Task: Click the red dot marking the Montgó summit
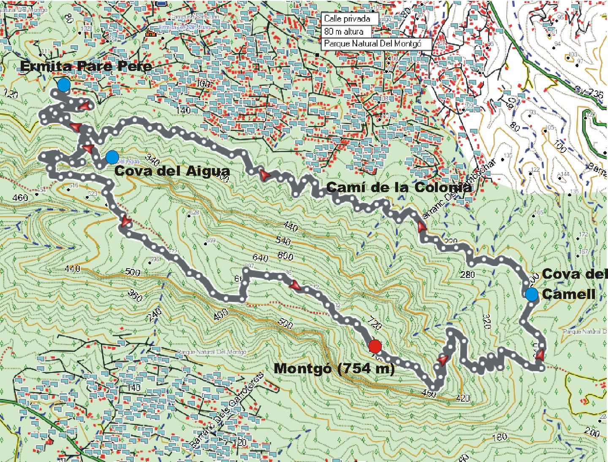tap(375, 347)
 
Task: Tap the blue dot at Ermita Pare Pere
tap(64, 84)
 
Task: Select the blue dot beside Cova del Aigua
tap(111, 157)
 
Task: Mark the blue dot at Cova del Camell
tap(532, 294)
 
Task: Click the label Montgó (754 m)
tap(334, 369)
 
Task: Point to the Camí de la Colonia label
tap(399, 187)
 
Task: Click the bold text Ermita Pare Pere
tap(86, 67)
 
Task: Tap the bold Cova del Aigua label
tap(172, 171)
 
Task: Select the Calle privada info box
tap(350, 19)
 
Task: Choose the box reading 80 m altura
tap(347, 31)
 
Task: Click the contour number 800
tap(285, 255)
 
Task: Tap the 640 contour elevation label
tap(260, 257)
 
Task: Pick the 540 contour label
tap(283, 241)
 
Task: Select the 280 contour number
tap(467, 274)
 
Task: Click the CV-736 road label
tap(589, 92)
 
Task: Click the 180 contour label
tap(500, 437)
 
